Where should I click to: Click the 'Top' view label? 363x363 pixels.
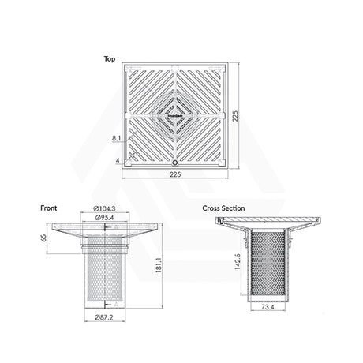tap(110, 59)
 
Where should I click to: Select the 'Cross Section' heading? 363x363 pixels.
tap(223, 208)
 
